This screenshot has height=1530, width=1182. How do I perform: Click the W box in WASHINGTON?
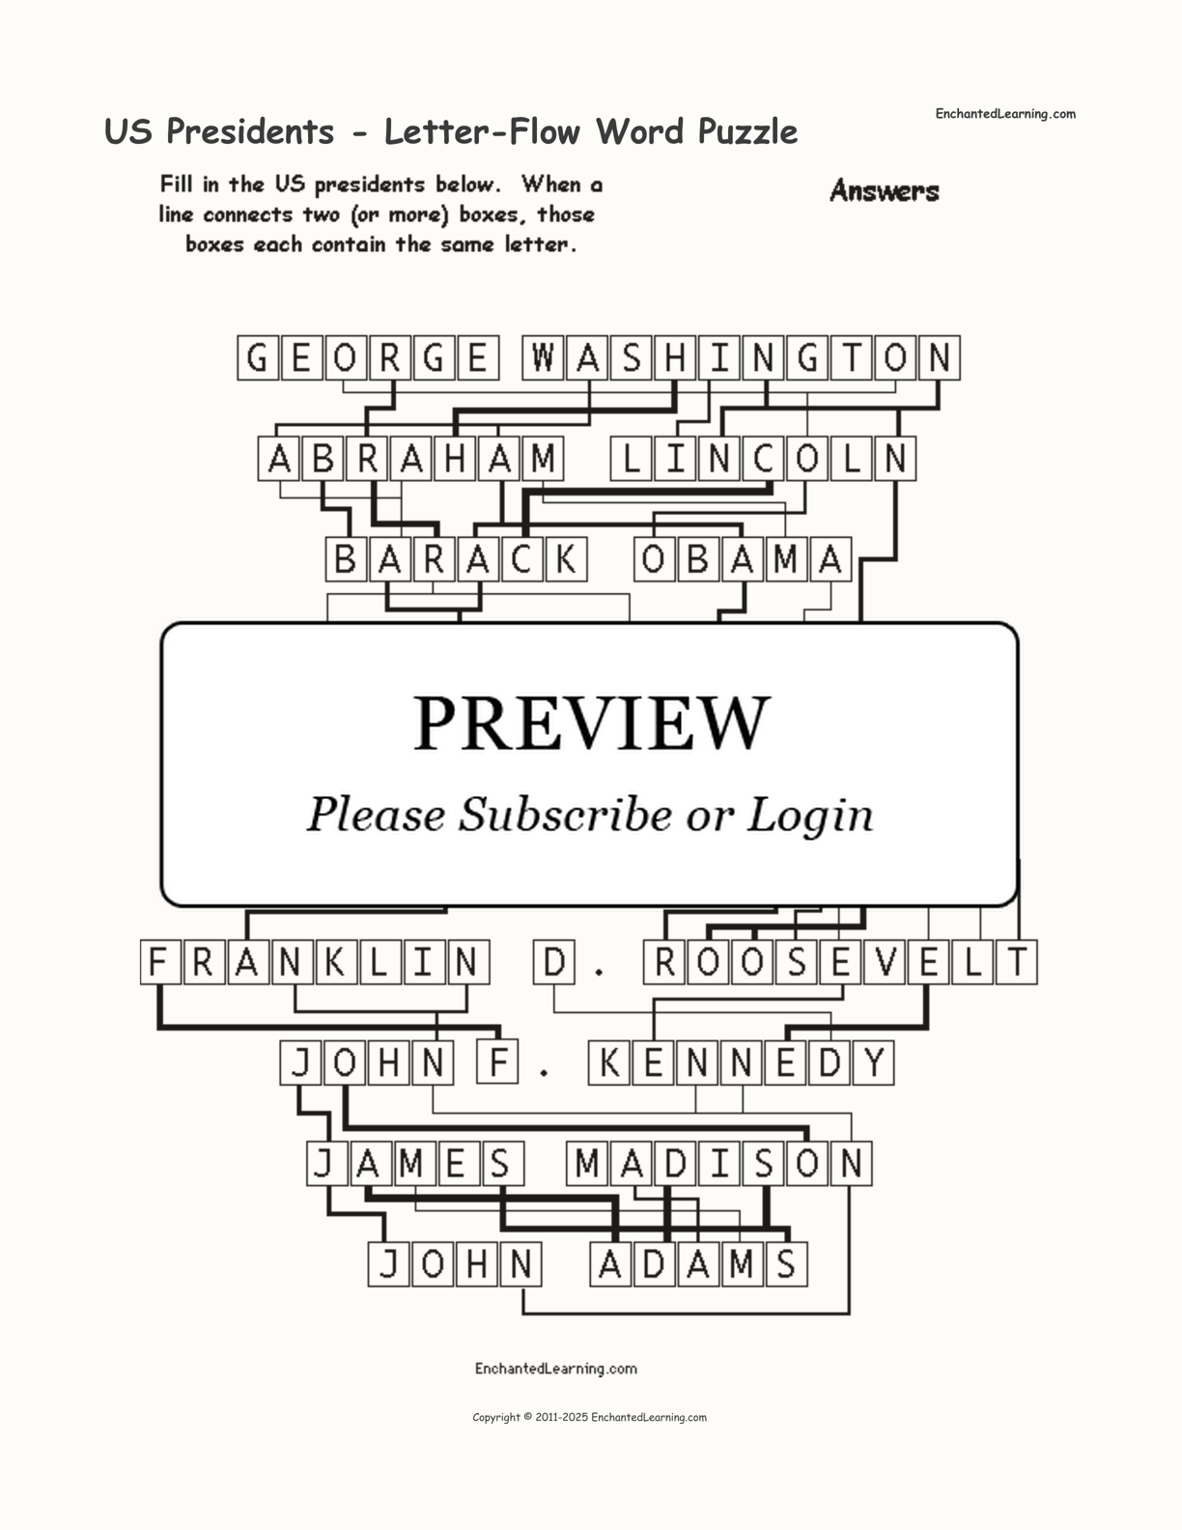(544, 358)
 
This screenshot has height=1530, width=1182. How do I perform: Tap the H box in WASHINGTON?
(675, 358)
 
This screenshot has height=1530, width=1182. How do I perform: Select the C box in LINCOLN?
(763, 459)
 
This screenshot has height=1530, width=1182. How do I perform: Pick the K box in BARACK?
(566, 560)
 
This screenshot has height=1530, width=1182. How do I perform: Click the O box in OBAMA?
(654, 560)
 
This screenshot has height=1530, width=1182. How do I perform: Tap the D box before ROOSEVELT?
(554, 963)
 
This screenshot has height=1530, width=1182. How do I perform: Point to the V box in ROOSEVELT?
(885, 963)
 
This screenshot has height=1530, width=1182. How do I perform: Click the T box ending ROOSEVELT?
(1017, 963)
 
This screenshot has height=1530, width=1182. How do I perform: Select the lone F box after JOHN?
(498, 1063)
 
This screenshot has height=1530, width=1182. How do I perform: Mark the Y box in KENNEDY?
(874, 1063)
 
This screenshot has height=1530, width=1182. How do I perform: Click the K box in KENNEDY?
(609, 1063)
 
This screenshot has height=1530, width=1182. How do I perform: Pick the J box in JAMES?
(324, 1164)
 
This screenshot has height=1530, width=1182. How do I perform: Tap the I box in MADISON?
(719, 1164)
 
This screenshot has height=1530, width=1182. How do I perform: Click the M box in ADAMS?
(742, 1264)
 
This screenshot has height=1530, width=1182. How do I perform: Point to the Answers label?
(884, 191)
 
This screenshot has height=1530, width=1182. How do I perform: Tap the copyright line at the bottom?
(589, 1418)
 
